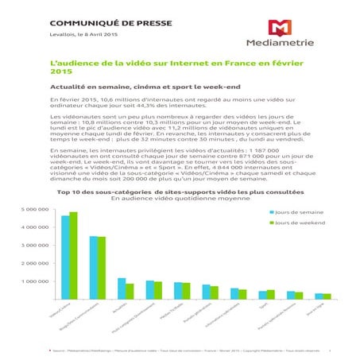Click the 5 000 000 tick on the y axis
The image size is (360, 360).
point(33,210)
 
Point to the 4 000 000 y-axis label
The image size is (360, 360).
point(33,228)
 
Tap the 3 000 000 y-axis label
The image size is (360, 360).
point(33,246)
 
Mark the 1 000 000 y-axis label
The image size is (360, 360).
point(33,282)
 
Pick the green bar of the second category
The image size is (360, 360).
point(101,268)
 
